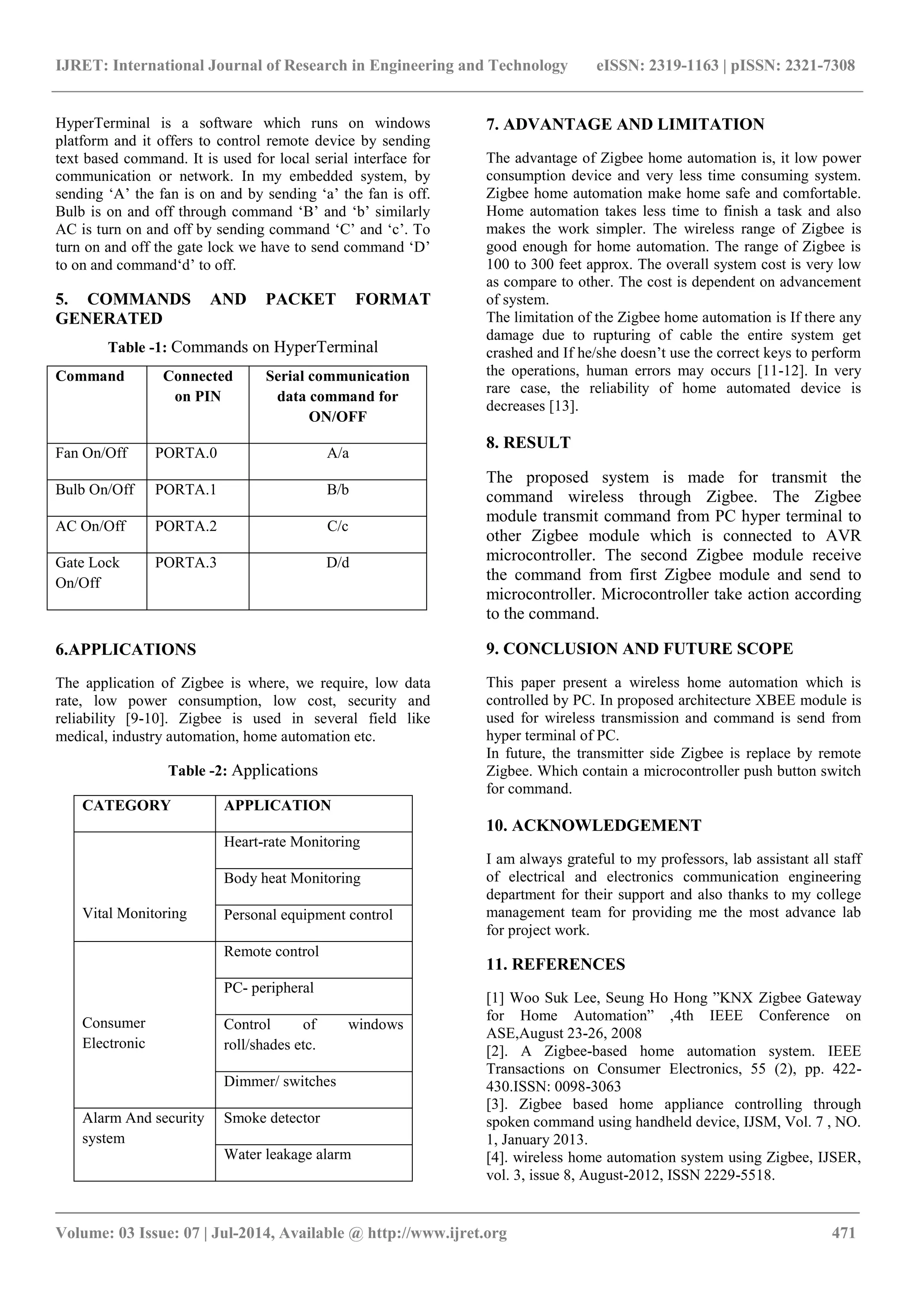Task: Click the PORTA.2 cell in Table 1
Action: pos(186,527)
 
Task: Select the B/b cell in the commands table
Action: pos(337,490)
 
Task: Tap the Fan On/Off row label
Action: pos(91,453)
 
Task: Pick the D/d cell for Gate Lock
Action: pos(337,563)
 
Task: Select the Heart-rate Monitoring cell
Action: pos(291,842)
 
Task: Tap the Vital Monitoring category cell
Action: pos(134,913)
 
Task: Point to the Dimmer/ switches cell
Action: pos(280,1081)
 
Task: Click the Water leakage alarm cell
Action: pos(287,1155)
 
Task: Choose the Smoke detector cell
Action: pos(272,1118)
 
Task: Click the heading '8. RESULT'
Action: pos(528,443)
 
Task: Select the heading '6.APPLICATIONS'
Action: pos(125,650)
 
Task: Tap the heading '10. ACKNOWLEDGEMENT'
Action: pos(593,826)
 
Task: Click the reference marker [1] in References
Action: pos(496,998)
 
